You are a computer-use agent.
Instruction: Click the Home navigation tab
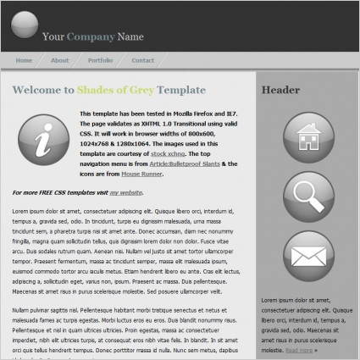24,60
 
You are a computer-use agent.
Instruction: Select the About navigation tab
59,60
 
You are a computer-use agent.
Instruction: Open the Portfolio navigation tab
100,60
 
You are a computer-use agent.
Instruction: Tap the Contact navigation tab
142,60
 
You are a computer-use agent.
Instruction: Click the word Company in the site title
91,36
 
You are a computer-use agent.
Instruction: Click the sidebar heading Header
282,91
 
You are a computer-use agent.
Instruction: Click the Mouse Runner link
141,173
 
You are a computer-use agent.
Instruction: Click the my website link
125,193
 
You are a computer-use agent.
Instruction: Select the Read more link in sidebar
299,349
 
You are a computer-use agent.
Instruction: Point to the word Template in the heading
182,90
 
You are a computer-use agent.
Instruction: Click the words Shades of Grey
115,90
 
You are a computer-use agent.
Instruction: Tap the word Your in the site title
53,36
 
